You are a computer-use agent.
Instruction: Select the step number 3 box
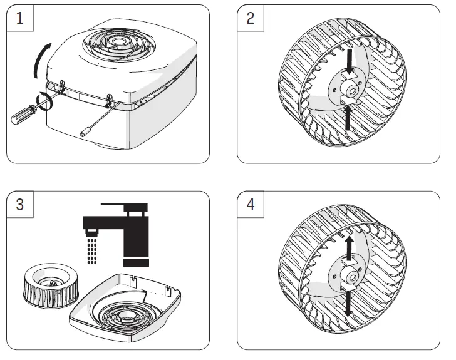[21, 205]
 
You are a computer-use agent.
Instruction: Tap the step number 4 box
[252, 205]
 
